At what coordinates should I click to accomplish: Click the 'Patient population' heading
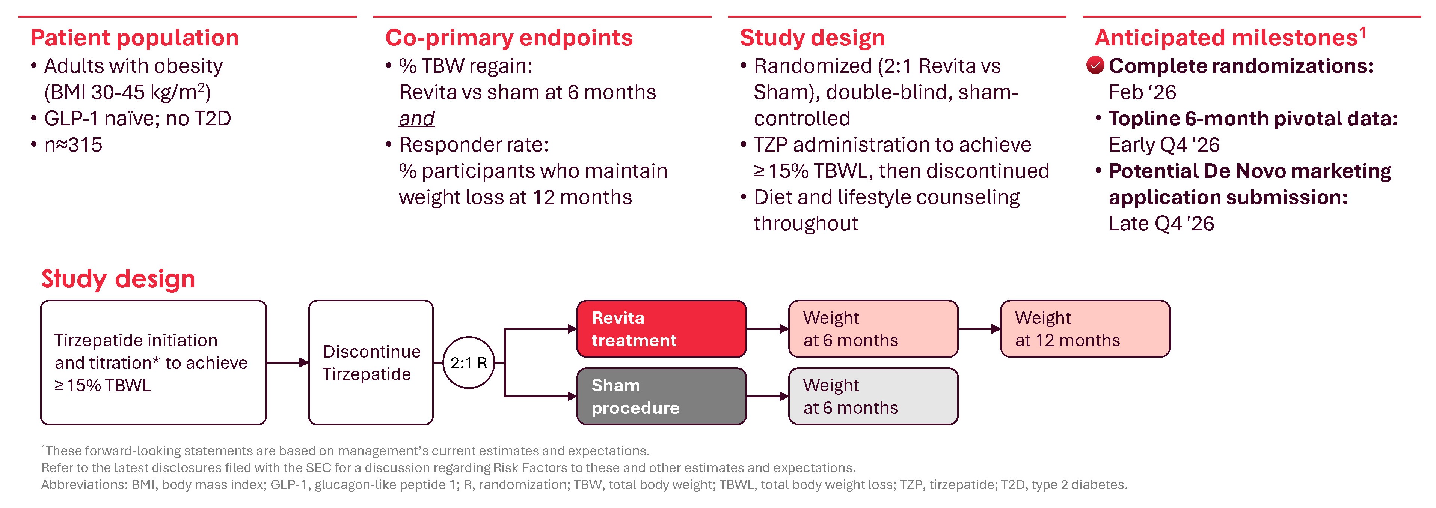134,38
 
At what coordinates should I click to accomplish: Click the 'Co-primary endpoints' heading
509,38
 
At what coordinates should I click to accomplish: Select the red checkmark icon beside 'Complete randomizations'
1095,66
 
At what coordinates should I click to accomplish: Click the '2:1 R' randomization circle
468,363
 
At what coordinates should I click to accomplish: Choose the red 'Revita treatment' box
661,329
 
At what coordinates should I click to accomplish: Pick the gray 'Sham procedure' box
661,396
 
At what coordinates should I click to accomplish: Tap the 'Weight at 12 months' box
1085,329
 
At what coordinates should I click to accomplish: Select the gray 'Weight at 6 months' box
873,396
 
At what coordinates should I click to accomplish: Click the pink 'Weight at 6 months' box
873,329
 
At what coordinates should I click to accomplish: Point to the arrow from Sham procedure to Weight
768,397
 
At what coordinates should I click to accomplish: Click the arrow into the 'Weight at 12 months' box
979,329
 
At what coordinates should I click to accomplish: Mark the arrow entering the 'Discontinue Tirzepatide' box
288,363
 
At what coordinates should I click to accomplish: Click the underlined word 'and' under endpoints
416,119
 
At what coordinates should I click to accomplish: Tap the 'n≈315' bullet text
73,145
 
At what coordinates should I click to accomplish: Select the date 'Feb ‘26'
1142,92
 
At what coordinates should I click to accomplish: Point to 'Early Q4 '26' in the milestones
1164,145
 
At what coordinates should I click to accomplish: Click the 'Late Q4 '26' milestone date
1161,223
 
